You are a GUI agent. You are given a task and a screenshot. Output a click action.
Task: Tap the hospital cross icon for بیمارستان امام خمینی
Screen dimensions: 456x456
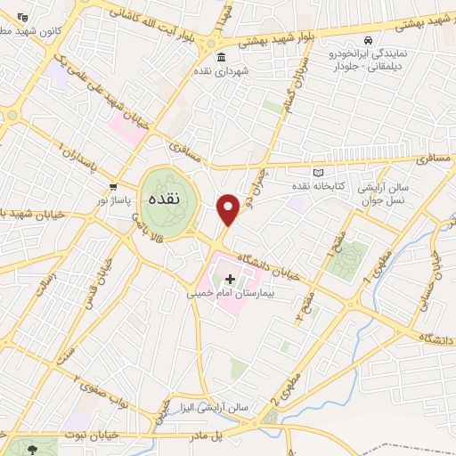click(x=231, y=279)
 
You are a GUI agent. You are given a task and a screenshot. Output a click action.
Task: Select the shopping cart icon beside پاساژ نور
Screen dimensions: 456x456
click(x=113, y=186)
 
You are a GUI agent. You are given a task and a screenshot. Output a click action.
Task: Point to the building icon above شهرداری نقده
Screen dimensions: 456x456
click(x=221, y=58)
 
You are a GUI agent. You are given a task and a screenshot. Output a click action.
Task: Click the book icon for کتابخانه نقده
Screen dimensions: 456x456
click(x=318, y=172)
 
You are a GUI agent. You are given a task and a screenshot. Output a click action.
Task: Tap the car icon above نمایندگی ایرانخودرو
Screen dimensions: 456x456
click(x=368, y=41)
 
